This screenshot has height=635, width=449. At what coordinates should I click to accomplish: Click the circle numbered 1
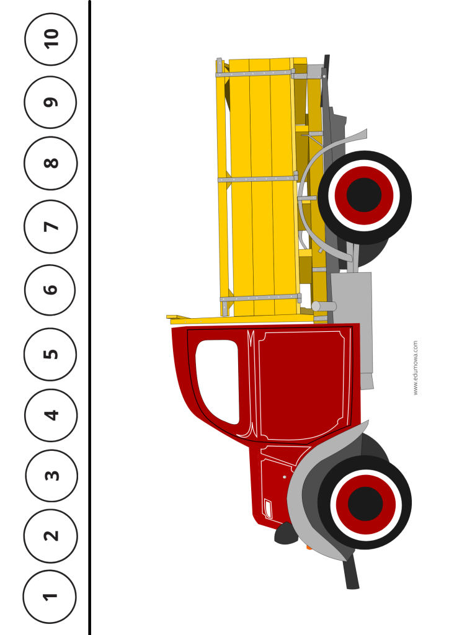pos(50,596)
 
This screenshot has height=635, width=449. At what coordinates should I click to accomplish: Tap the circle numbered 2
pos(51,536)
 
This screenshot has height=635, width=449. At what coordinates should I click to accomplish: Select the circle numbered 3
pos(51,476)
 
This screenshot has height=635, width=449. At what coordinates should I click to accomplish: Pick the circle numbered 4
pos(51,415)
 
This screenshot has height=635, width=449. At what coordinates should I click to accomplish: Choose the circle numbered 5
pos(50,354)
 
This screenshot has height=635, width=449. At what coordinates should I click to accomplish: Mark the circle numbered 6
pos(50,290)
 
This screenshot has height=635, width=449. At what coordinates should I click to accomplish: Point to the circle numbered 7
pos(51,226)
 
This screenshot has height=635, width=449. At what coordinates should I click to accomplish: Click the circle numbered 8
pos(51,163)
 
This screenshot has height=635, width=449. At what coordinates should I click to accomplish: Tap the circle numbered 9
pos(50,102)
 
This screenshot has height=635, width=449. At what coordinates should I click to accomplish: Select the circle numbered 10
pos(51,39)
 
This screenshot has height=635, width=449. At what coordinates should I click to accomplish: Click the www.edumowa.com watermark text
pos(415,368)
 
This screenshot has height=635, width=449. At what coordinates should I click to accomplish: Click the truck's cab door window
pos(218,381)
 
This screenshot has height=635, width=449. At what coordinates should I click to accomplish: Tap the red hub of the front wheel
pos(365,504)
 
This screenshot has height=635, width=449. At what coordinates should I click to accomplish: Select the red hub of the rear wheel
pos(364,195)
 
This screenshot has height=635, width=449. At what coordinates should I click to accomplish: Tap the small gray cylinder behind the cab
pos(324,306)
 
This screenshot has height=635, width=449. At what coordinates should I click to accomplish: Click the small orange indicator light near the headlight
pos(309,548)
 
